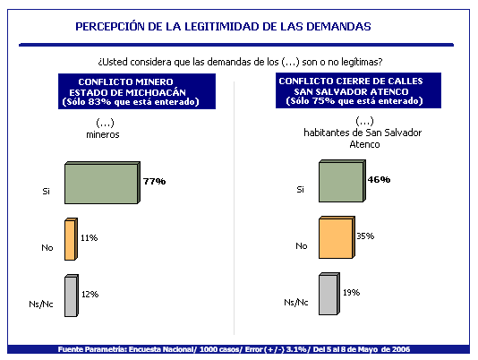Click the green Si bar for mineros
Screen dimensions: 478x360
(x=102, y=183)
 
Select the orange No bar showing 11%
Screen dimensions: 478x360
(x=71, y=239)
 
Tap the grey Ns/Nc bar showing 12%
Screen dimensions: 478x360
(x=72, y=296)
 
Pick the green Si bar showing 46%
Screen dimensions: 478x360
(x=342, y=181)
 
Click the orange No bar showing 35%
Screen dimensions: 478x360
(x=337, y=237)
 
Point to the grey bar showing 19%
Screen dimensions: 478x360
(x=329, y=294)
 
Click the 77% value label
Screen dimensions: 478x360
(x=154, y=182)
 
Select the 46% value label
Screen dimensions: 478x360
(x=379, y=180)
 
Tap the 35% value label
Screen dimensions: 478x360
(x=365, y=236)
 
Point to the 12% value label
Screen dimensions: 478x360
(x=90, y=295)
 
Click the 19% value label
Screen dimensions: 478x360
(x=352, y=293)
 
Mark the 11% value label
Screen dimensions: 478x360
(x=89, y=238)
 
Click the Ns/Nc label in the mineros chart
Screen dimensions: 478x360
(x=41, y=304)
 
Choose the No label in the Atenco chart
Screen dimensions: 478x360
(x=302, y=246)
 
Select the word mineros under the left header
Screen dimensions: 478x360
(x=103, y=134)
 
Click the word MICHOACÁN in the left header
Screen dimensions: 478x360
(x=156, y=92)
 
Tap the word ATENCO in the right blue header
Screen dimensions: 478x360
(x=391, y=92)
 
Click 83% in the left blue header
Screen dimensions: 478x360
(x=99, y=101)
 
